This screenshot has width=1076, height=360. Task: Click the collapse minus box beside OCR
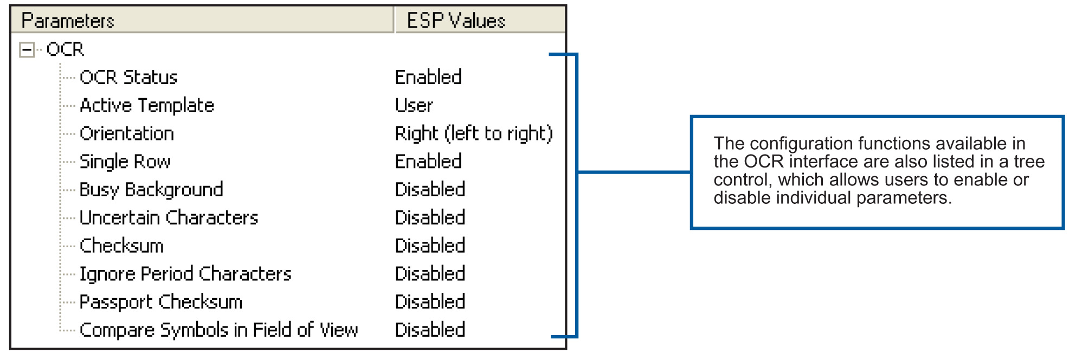click(x=27, y=50)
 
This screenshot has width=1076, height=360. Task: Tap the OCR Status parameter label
click(x=128, y=78)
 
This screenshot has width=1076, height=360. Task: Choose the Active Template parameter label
click(x=147, y=106)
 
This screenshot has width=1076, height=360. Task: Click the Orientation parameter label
click(x=127, y=133)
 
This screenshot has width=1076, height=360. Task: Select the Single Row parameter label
click(x=125, y=162)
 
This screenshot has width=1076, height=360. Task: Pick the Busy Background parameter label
click(x=151, y=190)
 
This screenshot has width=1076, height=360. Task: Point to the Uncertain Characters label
click(x=169, y=218)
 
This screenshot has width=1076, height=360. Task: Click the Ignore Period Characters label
click(x=185, y=274)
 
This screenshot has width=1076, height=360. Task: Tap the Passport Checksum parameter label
click(x=161, y=302)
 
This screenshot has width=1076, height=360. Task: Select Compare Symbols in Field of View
click(x=219, y=330)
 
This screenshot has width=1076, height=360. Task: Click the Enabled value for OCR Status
click(x=428, y=78)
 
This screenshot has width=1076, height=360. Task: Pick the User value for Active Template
click(x=414, y=106)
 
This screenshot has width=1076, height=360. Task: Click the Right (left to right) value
click(x=474, y=133)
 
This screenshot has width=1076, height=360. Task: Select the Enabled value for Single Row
click(x=428, y=162)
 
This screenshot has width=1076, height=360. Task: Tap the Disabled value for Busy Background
click(x=430, y=190)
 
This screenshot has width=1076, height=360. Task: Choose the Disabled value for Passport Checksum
click(x=430, y=302)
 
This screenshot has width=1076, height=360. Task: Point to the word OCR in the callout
click(x=764, y=162)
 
